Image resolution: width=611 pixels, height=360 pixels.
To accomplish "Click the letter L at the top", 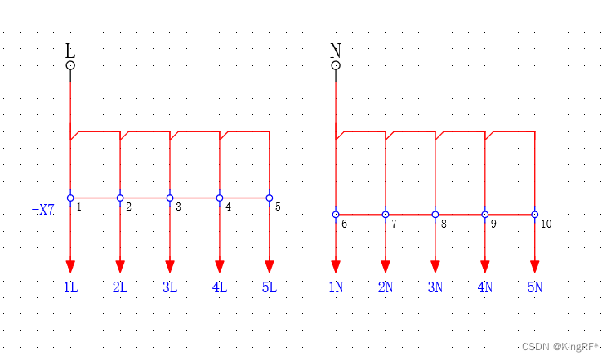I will coord(70,51).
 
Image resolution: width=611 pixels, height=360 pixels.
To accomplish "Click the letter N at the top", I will coord(336,51).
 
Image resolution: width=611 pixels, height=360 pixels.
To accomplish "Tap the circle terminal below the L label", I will coord(70,65).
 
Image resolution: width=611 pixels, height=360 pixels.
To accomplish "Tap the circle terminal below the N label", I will coord(336,65).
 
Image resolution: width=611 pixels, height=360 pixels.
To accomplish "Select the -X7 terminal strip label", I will coord(42,210).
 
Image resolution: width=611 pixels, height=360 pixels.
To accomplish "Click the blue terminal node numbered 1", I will coord(70,198).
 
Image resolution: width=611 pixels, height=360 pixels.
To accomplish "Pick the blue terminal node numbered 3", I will coord(170,198).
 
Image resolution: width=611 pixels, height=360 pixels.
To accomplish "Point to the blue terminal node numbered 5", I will coord(270,198).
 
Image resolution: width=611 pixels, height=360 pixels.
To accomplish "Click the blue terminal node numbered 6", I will coord(336,215).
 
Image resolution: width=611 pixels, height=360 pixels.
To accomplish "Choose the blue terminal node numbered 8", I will coord(435,215).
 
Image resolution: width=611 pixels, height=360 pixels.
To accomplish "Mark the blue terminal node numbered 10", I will coord(535,215).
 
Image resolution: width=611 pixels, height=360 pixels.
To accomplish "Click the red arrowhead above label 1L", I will coord(70,266).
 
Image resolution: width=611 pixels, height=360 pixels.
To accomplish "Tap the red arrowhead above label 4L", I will coord(220,266).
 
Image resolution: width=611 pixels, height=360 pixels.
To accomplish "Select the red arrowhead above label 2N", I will coord(386,266).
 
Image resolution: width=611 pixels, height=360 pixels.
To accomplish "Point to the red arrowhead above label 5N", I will coord(535,266).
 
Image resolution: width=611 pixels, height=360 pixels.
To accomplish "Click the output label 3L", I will coord(170,287).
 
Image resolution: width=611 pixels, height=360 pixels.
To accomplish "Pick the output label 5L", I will coord(270,287).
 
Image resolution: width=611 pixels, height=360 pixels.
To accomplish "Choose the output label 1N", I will coord(336,287).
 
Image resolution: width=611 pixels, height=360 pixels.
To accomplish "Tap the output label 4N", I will coord(485,287).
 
